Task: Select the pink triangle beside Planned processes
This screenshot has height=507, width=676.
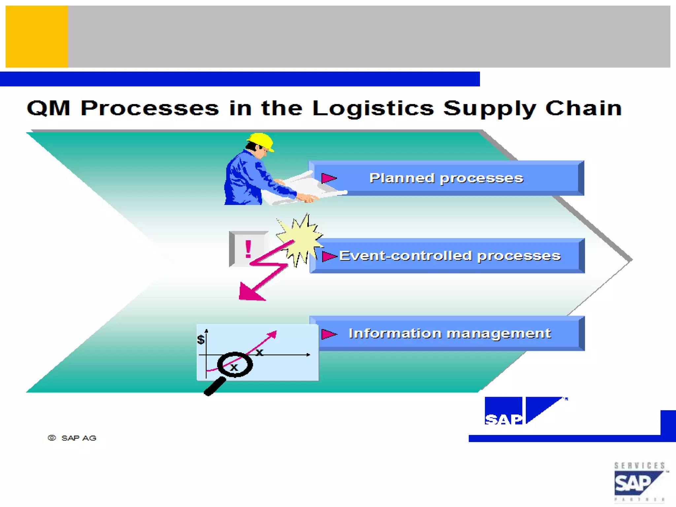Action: (328, 178)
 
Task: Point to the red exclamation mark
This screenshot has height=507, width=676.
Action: (248, 249)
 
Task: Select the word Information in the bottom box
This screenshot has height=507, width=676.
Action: (394, 333)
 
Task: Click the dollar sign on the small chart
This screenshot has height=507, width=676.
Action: (200, 339)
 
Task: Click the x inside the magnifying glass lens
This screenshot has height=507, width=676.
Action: (234, 367)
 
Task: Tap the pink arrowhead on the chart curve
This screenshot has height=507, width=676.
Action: (273, 334)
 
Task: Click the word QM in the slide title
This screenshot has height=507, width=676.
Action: (49, 108)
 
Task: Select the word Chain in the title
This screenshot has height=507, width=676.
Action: (583, 108)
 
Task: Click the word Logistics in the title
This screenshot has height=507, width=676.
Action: (373, 108)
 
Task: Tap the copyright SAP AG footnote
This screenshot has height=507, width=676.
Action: (72, 438)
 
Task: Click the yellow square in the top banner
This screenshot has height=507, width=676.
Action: (37, 36)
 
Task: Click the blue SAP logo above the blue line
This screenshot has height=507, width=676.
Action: (523, 411)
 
